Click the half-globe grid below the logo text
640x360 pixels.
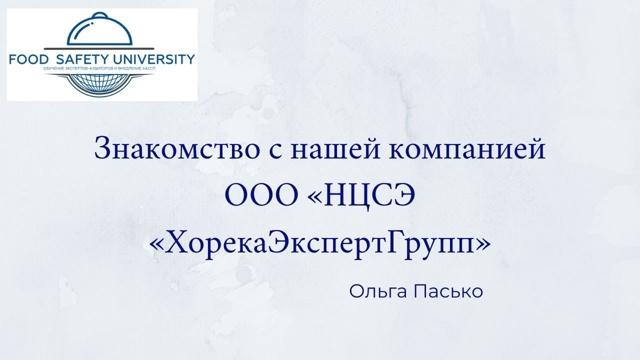pyautogui.click(x=100, y=83)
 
